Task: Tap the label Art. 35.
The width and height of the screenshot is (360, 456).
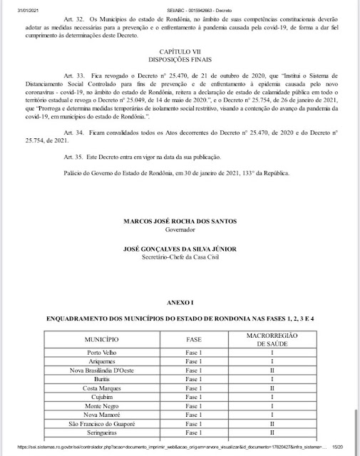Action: pos(73,156)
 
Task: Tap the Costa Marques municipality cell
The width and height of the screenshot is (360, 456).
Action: pos(107,388)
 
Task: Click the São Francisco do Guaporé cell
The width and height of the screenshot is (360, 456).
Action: pos(107,423)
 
